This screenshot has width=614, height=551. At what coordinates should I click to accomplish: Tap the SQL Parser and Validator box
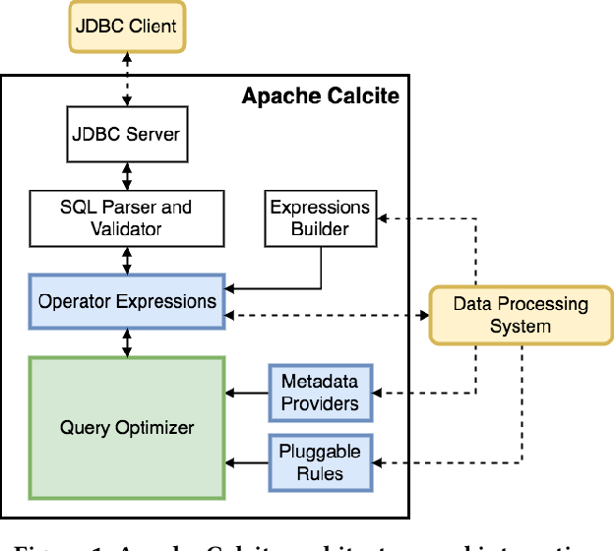(125, 218)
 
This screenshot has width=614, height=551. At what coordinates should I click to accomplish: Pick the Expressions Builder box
(321, 218)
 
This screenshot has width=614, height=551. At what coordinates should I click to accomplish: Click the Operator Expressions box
(126, 301)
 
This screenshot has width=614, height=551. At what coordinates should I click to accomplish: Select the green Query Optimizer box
(126, 427)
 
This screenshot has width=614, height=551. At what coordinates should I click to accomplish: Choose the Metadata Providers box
(320, 393)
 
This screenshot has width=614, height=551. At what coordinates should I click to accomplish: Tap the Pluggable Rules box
(320, 462)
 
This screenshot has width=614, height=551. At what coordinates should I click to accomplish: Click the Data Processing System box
(520, 315)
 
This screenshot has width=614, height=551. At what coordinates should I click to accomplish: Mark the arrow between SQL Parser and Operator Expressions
(125, 260)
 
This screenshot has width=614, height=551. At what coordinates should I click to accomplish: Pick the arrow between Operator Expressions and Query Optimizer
(125, 341)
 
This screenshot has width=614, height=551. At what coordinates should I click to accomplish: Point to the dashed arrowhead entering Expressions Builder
(386, 218)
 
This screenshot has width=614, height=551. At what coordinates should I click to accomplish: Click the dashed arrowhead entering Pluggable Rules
(382, 462)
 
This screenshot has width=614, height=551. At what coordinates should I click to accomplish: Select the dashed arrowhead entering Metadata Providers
(382, 394)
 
